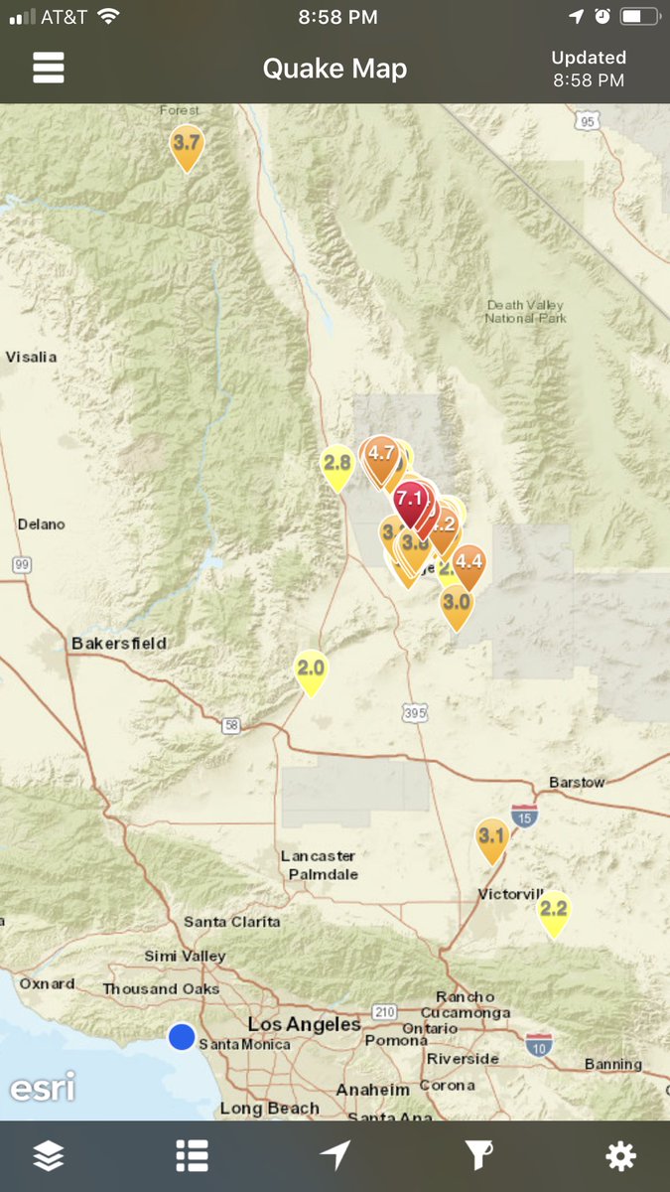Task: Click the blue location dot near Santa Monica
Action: click(x=181, y=1036)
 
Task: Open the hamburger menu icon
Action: click(x=49, y=68)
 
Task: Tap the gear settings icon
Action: click(x=620, y=1155)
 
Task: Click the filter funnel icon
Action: click(x=478, y=1155)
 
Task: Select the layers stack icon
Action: click(x=49, y=1155)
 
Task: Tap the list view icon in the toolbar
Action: click(x=192, y=1155)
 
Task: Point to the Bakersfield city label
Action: click(x=119, y=644)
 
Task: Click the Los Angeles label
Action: click(x=304, y=1024)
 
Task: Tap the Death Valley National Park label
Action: click(x=525, y=312)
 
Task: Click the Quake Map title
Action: click(x=335, y=69)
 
